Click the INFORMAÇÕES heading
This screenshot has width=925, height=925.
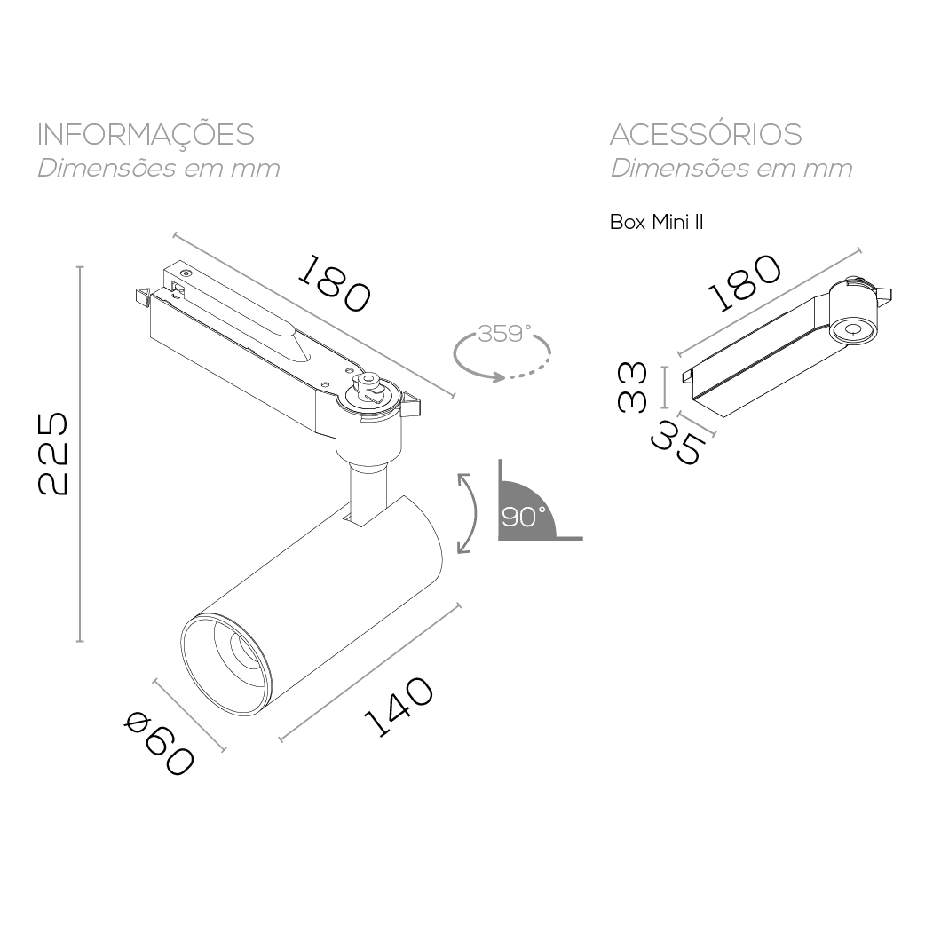pyautogui.click(x=146, y=135)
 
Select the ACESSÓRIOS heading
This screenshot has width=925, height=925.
pyautogui.click(x=706, y=135)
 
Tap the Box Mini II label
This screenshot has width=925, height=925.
pyautogui.click(x=656, y=222)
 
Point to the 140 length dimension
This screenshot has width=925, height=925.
pyautogui.click(x=399, y=707)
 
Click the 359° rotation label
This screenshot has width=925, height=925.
pyautogui.click(x=504, y=335)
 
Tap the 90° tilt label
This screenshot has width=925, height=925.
pyautogui.click(x=523, y=517)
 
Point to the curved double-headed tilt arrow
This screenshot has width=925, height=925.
pyautogui.click(x=467, y=512)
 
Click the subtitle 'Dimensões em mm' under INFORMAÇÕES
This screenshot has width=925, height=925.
pyautogui.click(x=158, y=169)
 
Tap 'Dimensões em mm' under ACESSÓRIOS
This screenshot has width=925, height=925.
pyautogui.click(x=731, y=169)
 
